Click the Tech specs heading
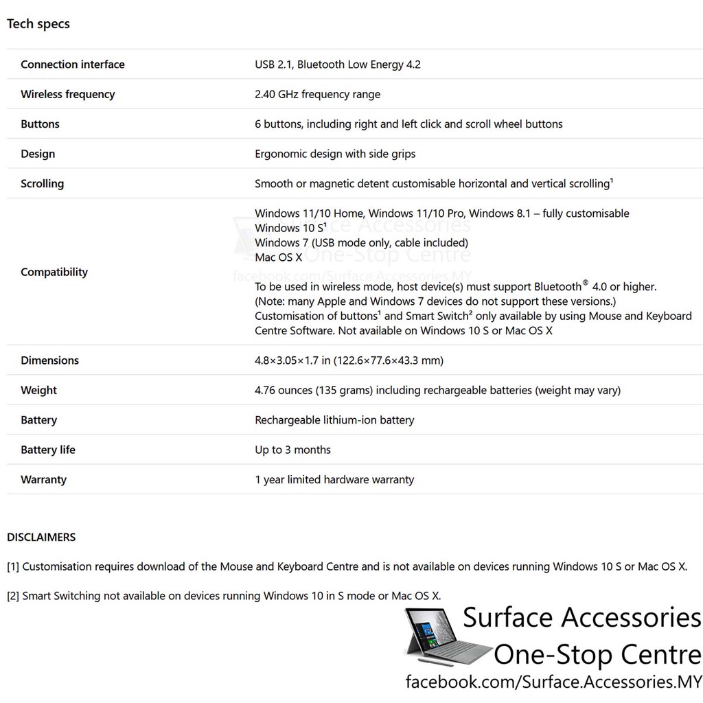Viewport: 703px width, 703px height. click(x=38, y=24)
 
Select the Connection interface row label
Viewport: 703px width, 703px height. click(x=73, y=65)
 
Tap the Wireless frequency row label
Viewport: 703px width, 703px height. click(x=68, y=94)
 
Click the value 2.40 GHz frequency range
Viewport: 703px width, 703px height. click(x=317, y=94)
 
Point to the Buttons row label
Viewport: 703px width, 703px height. click(x=40, y=124)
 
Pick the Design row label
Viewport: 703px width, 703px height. click(x=38, y=154)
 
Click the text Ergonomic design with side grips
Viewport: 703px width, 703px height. click(x=335, y=154)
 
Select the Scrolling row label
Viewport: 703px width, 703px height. click(x=42, y=183)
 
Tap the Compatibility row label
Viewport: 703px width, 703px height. click(x=54, y=272)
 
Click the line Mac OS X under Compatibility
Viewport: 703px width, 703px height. click(x=278, y=257)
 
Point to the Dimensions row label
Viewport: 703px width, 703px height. click(x=49, y=360)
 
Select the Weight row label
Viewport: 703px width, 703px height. click(x=38, y=390)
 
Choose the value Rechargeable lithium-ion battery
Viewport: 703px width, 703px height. click(x=334, y=420)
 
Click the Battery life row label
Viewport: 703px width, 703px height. click(x=48, y=450)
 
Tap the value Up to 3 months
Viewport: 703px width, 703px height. click(x=292, y=450)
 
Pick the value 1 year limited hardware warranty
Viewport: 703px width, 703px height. click(x=334, y=480)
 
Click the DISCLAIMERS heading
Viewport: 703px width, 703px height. click(x=41, y=537)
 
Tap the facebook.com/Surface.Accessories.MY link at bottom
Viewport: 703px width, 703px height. click(x=553, y=682)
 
